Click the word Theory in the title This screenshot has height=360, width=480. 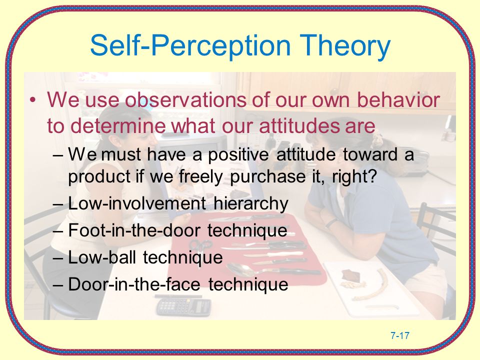coord(344,46)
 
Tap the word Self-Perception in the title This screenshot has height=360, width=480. coord(190,46)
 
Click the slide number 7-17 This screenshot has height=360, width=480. coord(400,336)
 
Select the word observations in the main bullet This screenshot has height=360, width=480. coord(185,99)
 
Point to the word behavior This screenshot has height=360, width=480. coord(398,99)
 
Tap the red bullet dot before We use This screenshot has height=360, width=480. coord(33,100)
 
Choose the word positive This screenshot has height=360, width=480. coord(238,154)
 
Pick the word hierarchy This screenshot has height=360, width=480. coord(250,203)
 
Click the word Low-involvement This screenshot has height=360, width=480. coord(137,203)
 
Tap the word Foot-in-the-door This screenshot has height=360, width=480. coord(134,230)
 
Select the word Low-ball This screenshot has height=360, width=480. coord(102,257)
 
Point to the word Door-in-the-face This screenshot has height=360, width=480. coord(134,284)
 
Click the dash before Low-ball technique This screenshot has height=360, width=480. coord(58,258)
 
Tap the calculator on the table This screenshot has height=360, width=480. coord(183,306)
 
